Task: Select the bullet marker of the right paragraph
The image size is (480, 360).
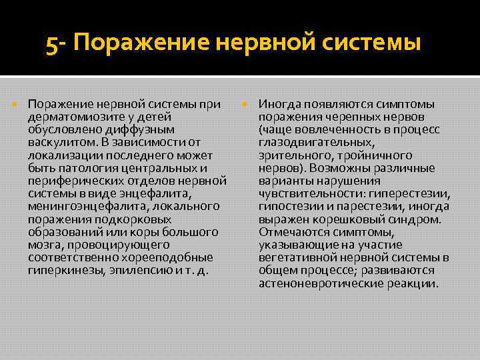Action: (x=246, y=104)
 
